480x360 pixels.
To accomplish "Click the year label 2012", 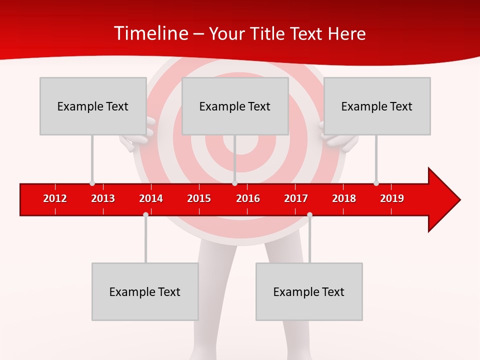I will (55, 198).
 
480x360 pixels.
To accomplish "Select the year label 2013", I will (103, 198).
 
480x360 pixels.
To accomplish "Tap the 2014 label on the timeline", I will (151, 198).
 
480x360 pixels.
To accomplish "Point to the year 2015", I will (199, 198).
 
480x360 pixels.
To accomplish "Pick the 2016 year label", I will (248, 198).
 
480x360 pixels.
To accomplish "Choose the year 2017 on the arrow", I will (296, 198).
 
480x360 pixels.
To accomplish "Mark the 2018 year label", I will (344, 198).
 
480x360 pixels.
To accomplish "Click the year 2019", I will (392, 198).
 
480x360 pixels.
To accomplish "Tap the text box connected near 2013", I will (93, 106).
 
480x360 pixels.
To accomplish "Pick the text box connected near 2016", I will (235, 106).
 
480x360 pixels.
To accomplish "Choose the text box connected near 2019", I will (377, 106).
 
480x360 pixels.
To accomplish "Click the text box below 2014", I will (145, 291).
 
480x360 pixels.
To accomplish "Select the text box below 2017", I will (309, 291).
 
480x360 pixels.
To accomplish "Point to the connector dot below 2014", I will (145, 214).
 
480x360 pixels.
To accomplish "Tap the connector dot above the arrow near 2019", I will (376, 183).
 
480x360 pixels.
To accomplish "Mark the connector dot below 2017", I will (309, 214).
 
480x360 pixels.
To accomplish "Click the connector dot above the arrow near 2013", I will (92, 183).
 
